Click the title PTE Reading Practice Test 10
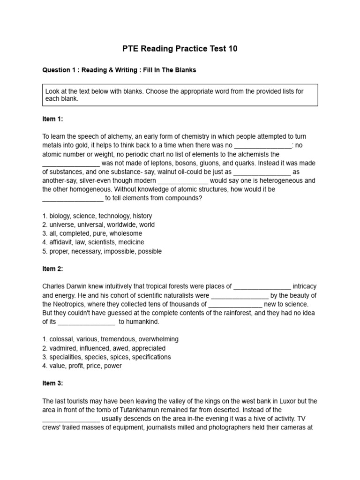[180, 49]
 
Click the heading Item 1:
[52, 119]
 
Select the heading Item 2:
[52, 269]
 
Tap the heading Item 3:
[52, 383]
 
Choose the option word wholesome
[127, 233]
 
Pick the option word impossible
[116, 251]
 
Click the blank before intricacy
[262, 286]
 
